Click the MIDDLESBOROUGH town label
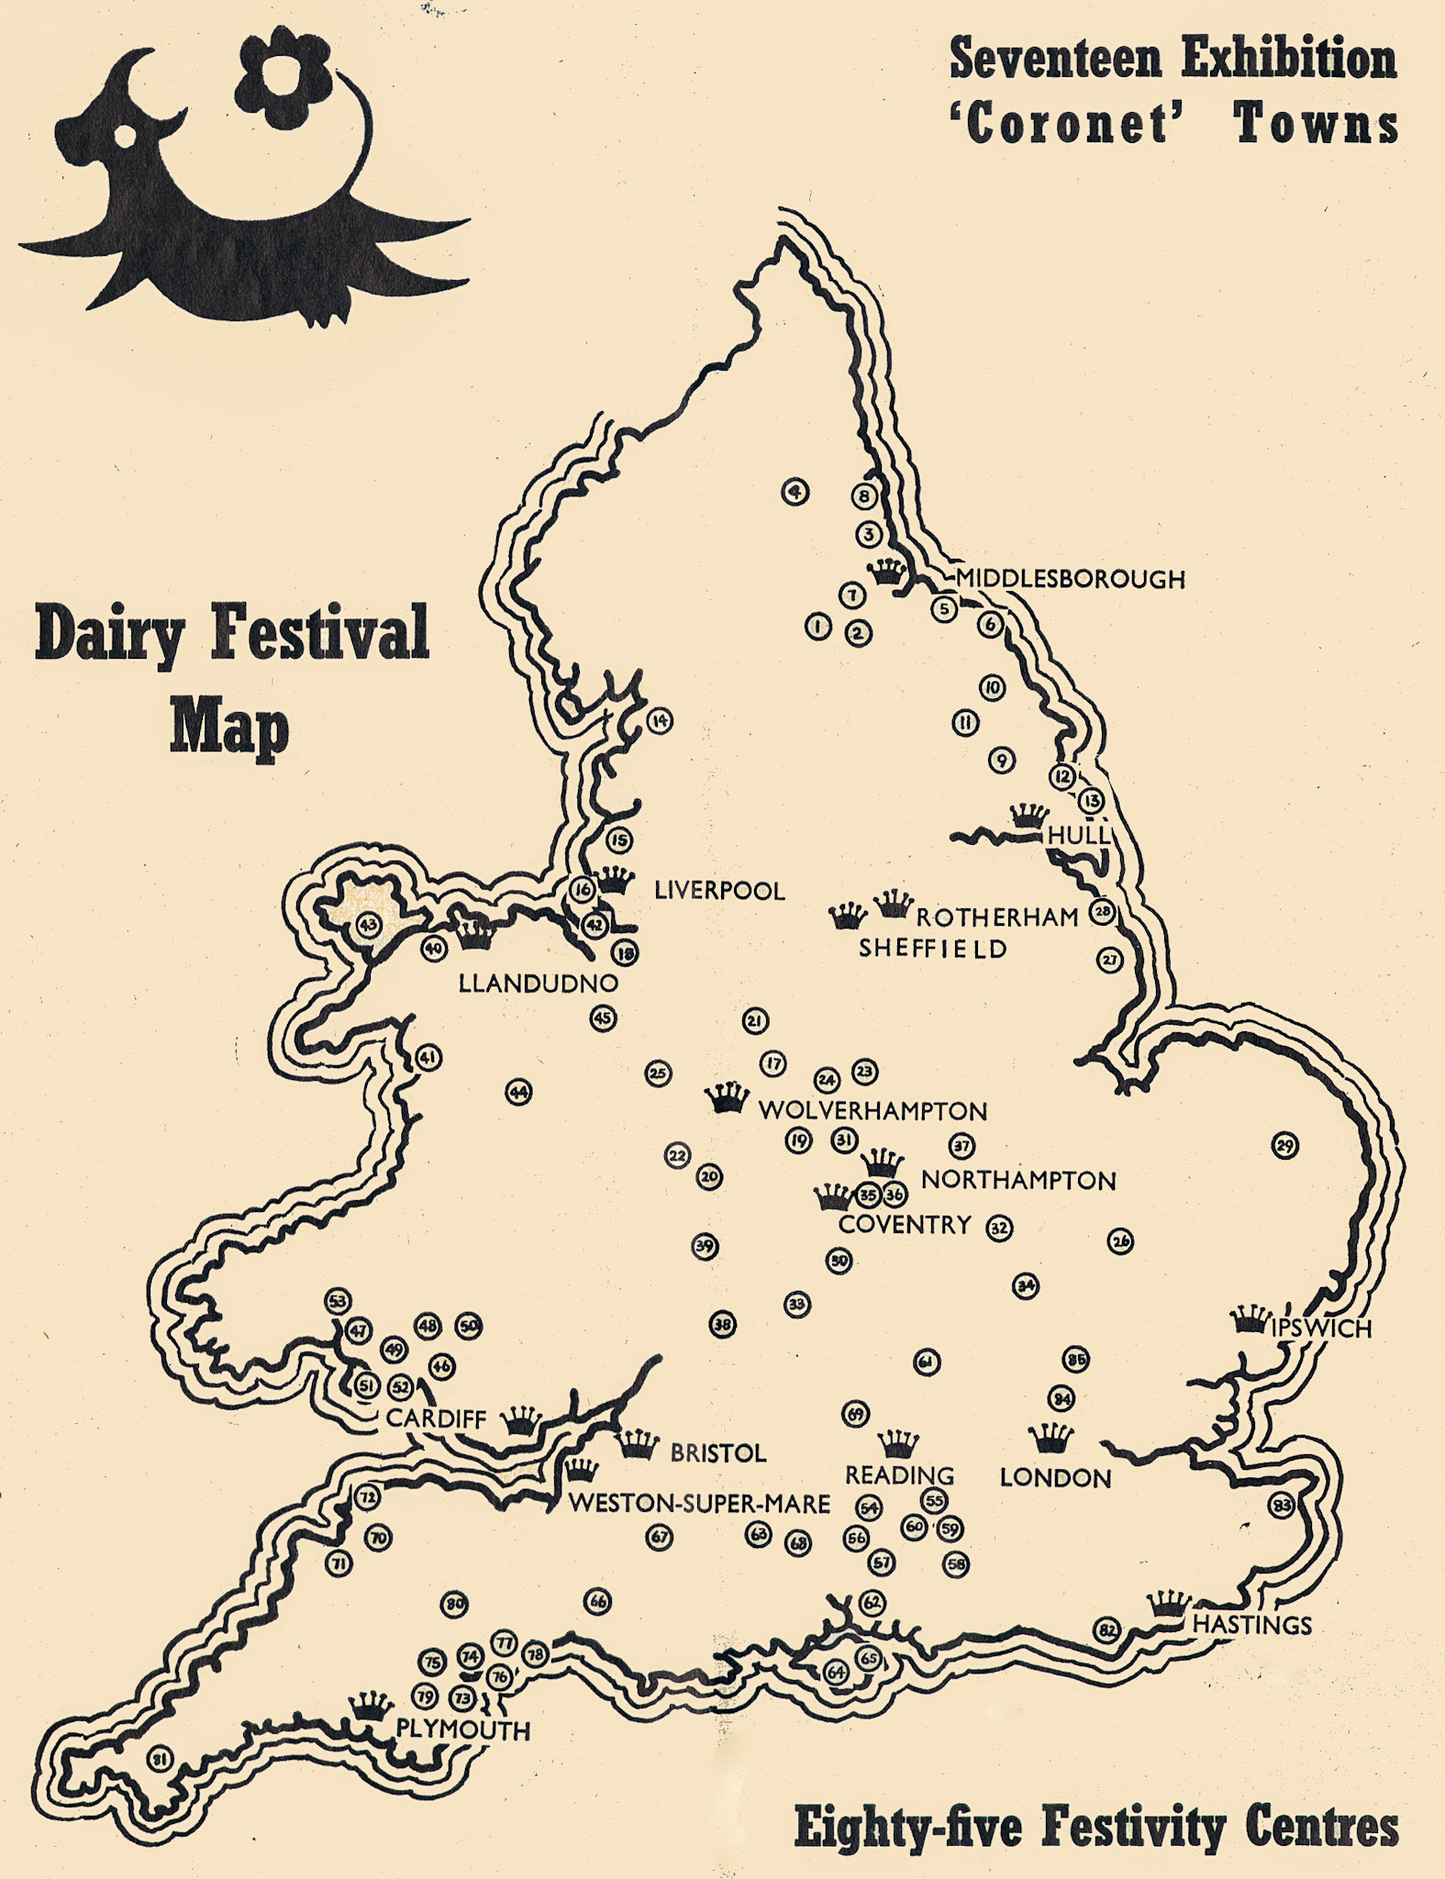[1070, 579]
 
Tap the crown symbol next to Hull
[1028, 815]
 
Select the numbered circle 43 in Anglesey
[368, 925]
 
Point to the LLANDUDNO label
[538, 984]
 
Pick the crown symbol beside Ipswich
[1249, 1319]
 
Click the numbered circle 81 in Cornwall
[160, 1759]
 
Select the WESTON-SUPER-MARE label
[699, 1504]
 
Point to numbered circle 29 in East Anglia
[1284, 1145]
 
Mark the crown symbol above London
[1050, 1436]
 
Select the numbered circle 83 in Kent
[1281, 1506]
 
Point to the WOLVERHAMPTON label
[873, 1111]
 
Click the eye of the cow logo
[124, 136]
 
